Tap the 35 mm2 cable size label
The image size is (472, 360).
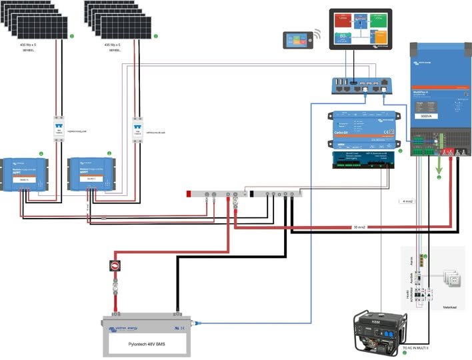click(x=361, y=228)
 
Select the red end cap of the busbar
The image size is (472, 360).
click(x=190, y=195)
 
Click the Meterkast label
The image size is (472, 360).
click(x=453, y=308)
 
